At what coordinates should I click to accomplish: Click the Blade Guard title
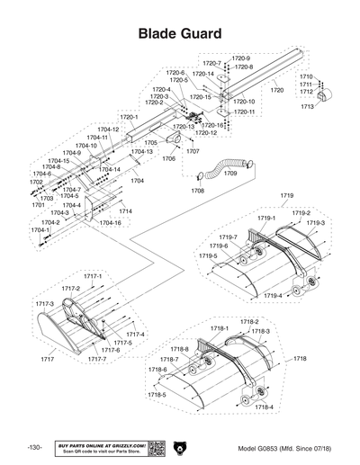coord(180,33)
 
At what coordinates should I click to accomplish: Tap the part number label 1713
coord(307,107)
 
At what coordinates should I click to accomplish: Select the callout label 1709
coord(230,173)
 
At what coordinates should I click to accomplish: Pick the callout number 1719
coord(287,195)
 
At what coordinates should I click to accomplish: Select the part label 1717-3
coord(45,304)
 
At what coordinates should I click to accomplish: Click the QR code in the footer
coord(154,448)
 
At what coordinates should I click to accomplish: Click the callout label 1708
coord(197,191)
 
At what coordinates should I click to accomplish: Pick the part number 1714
coord(125,211)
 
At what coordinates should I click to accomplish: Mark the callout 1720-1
coord(129,118)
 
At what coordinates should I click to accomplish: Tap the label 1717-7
coord(96,359)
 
